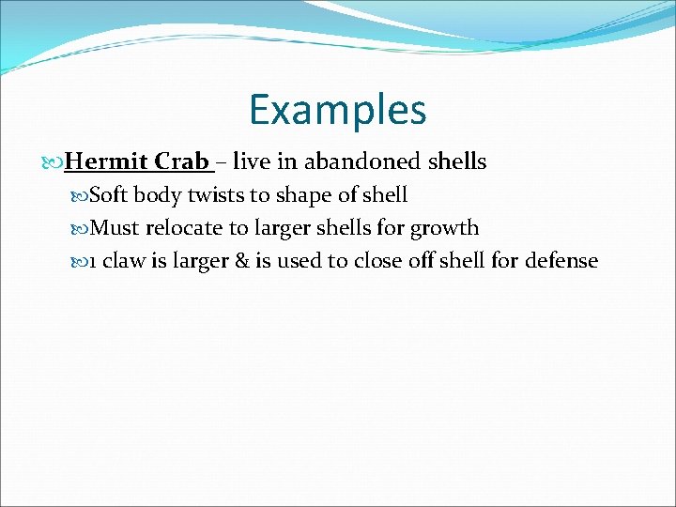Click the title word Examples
click(x=337, y=111)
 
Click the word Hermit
click(x=107, y=162)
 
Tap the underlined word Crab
click(x=181, y=162)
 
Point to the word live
click(x=252, y=162)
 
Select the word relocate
click(x=184, y=228)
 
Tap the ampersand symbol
click(x=241, y=261)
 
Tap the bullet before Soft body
click(x=80, y=196)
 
